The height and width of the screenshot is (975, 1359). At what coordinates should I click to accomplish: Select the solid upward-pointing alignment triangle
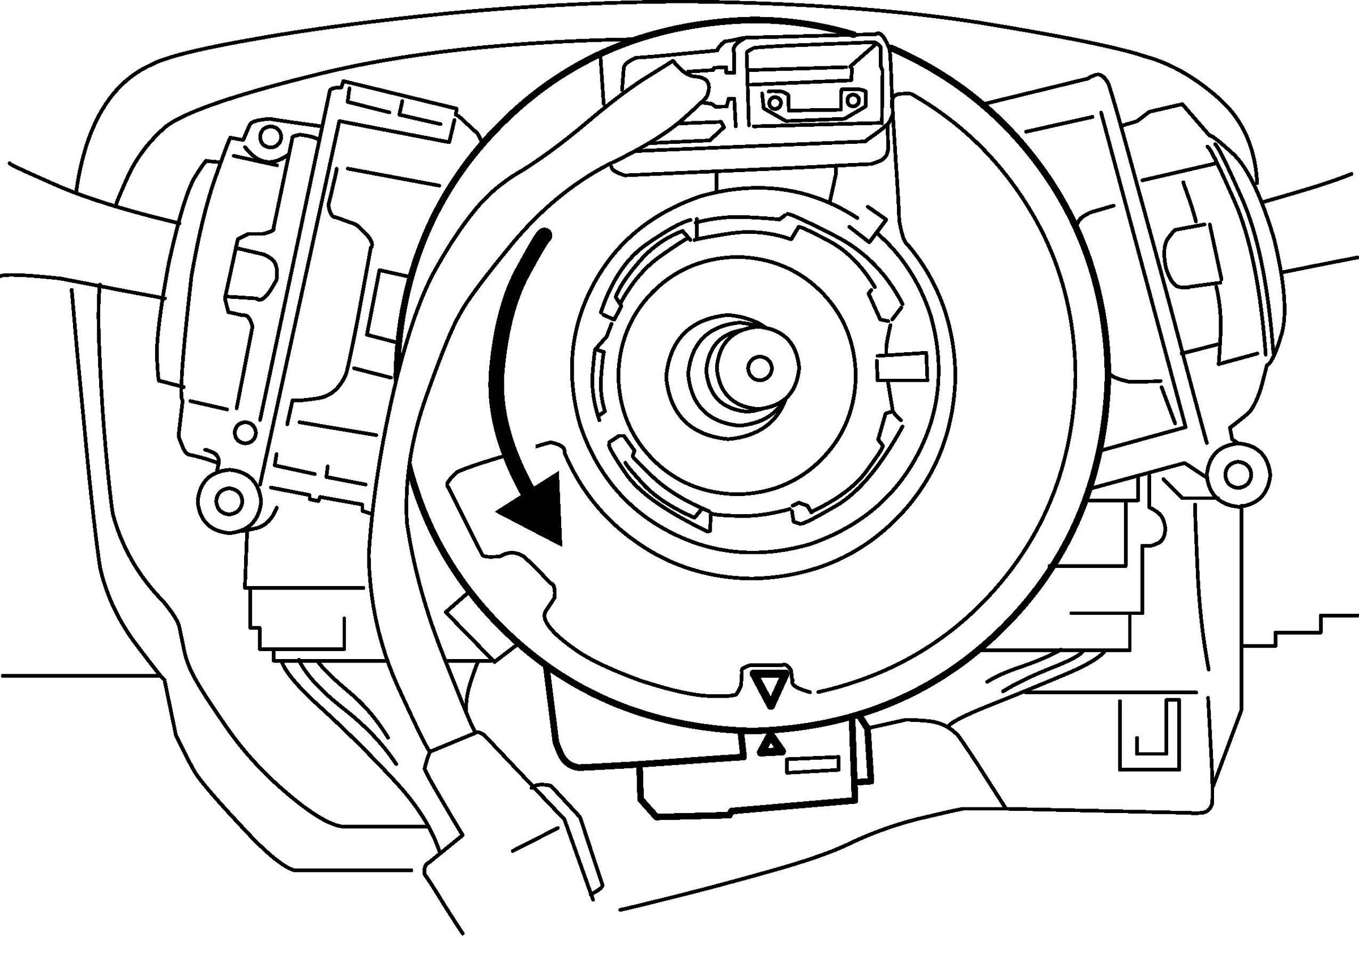click(771, 746)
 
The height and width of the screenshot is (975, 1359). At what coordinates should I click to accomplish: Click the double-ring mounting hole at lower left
click(228, 501)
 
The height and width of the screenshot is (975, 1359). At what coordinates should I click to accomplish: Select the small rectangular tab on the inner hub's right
click(899, 367)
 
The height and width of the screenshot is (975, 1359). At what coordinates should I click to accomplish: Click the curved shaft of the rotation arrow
click(501, 360)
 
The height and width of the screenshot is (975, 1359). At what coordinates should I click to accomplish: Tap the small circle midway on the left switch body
click(244, 431)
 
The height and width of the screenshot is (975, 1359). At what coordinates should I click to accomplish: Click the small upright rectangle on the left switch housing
click(381, 306)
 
